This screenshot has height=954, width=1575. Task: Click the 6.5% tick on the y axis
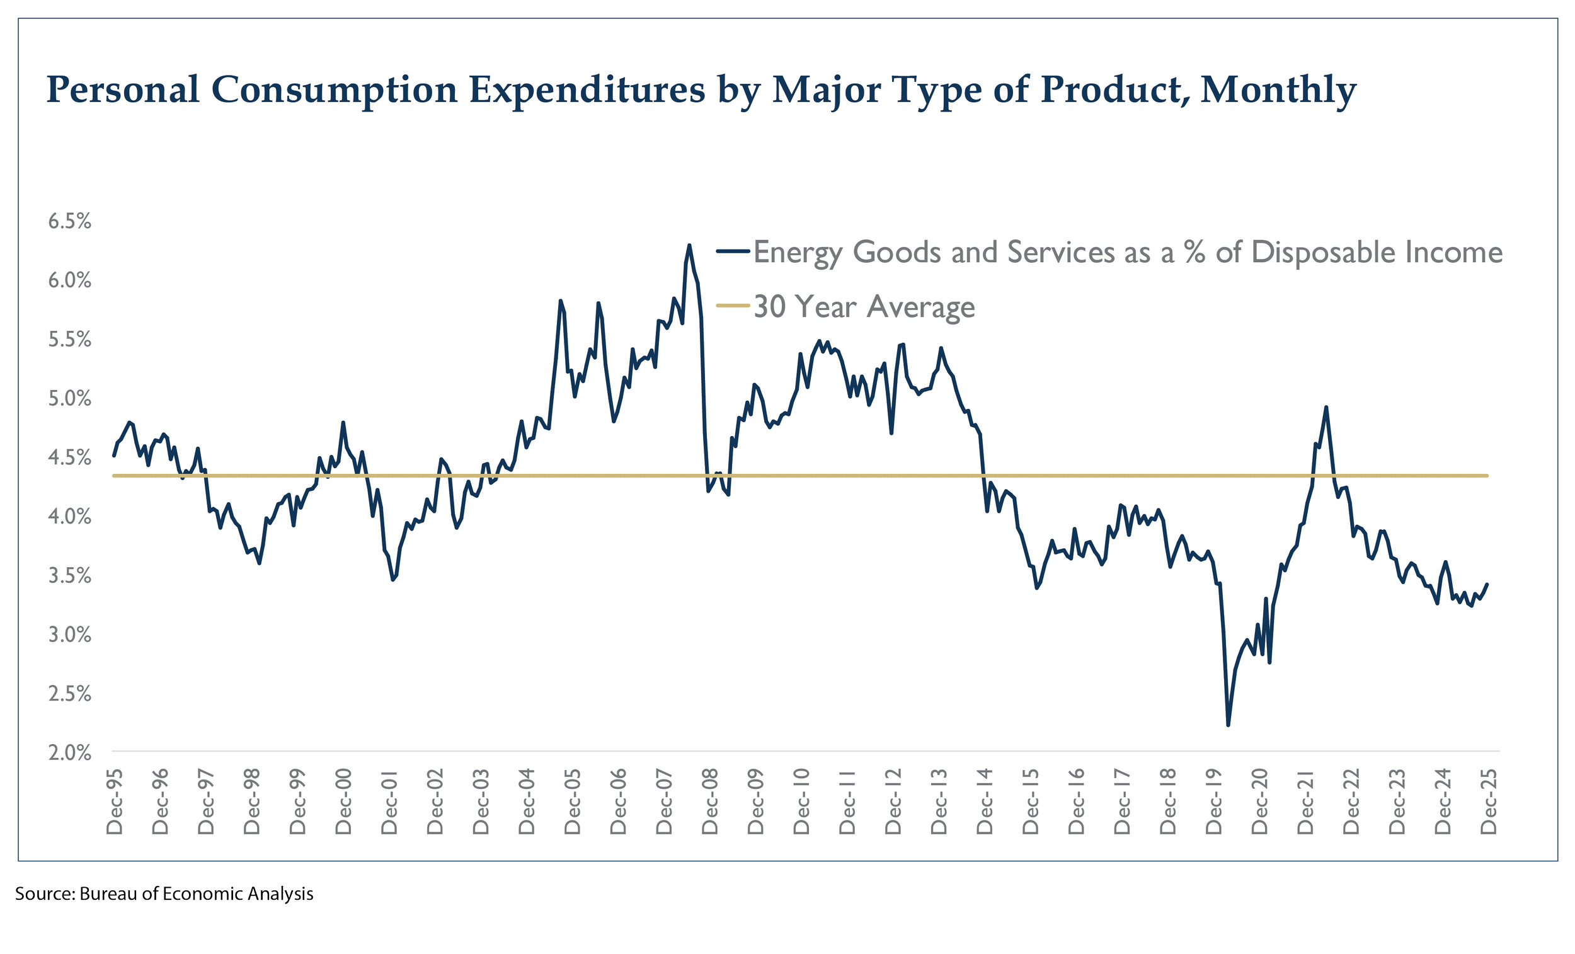70,221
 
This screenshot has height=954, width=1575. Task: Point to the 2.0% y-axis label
70,752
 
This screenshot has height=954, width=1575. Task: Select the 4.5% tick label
70,458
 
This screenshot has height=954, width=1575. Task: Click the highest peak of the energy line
689,245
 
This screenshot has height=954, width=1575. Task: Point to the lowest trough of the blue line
1228,725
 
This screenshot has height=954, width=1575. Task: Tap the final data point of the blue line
1487,583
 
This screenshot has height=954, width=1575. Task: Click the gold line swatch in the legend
733,306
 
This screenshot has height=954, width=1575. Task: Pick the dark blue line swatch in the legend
733,251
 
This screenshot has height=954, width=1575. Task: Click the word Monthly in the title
1278,89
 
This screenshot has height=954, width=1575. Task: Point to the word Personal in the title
123,89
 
